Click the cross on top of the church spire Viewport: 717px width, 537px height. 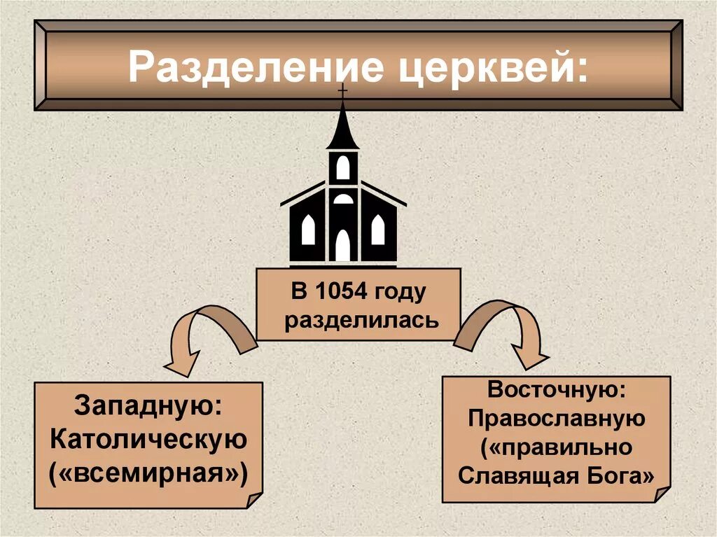point(342,92)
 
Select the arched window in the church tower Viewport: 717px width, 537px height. point(342,167)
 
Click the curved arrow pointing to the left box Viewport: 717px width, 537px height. point(203,336)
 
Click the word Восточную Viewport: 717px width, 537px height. point(557,388)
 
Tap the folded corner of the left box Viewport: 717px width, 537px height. point(252,498)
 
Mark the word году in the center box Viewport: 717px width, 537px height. point(401,292)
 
